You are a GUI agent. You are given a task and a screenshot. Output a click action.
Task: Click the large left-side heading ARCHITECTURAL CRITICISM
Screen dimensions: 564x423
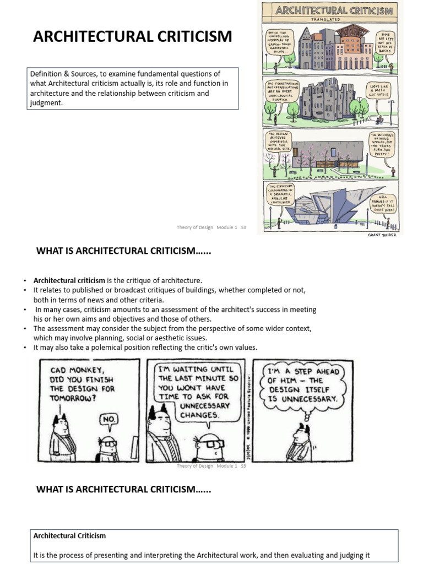pos(133,37)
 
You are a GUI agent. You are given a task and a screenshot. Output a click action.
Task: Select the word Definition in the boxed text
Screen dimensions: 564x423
pos(46,74)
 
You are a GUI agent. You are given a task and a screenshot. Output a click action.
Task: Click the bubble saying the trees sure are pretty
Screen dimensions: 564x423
pos(383,144)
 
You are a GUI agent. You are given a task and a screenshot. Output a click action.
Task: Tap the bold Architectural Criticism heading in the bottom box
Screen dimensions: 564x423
pos(70,535)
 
